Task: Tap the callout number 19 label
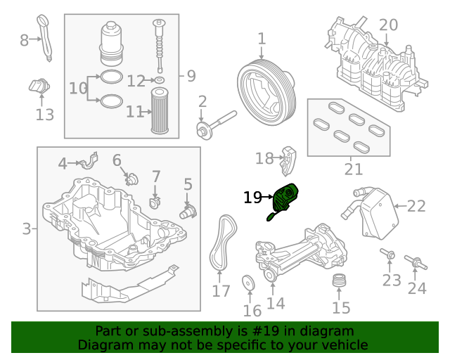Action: [x=252, y=198]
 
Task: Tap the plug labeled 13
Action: [x=39, y=87]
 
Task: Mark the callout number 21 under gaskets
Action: [x=354, y=169]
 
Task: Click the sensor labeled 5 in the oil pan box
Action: [x=188, y=210]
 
